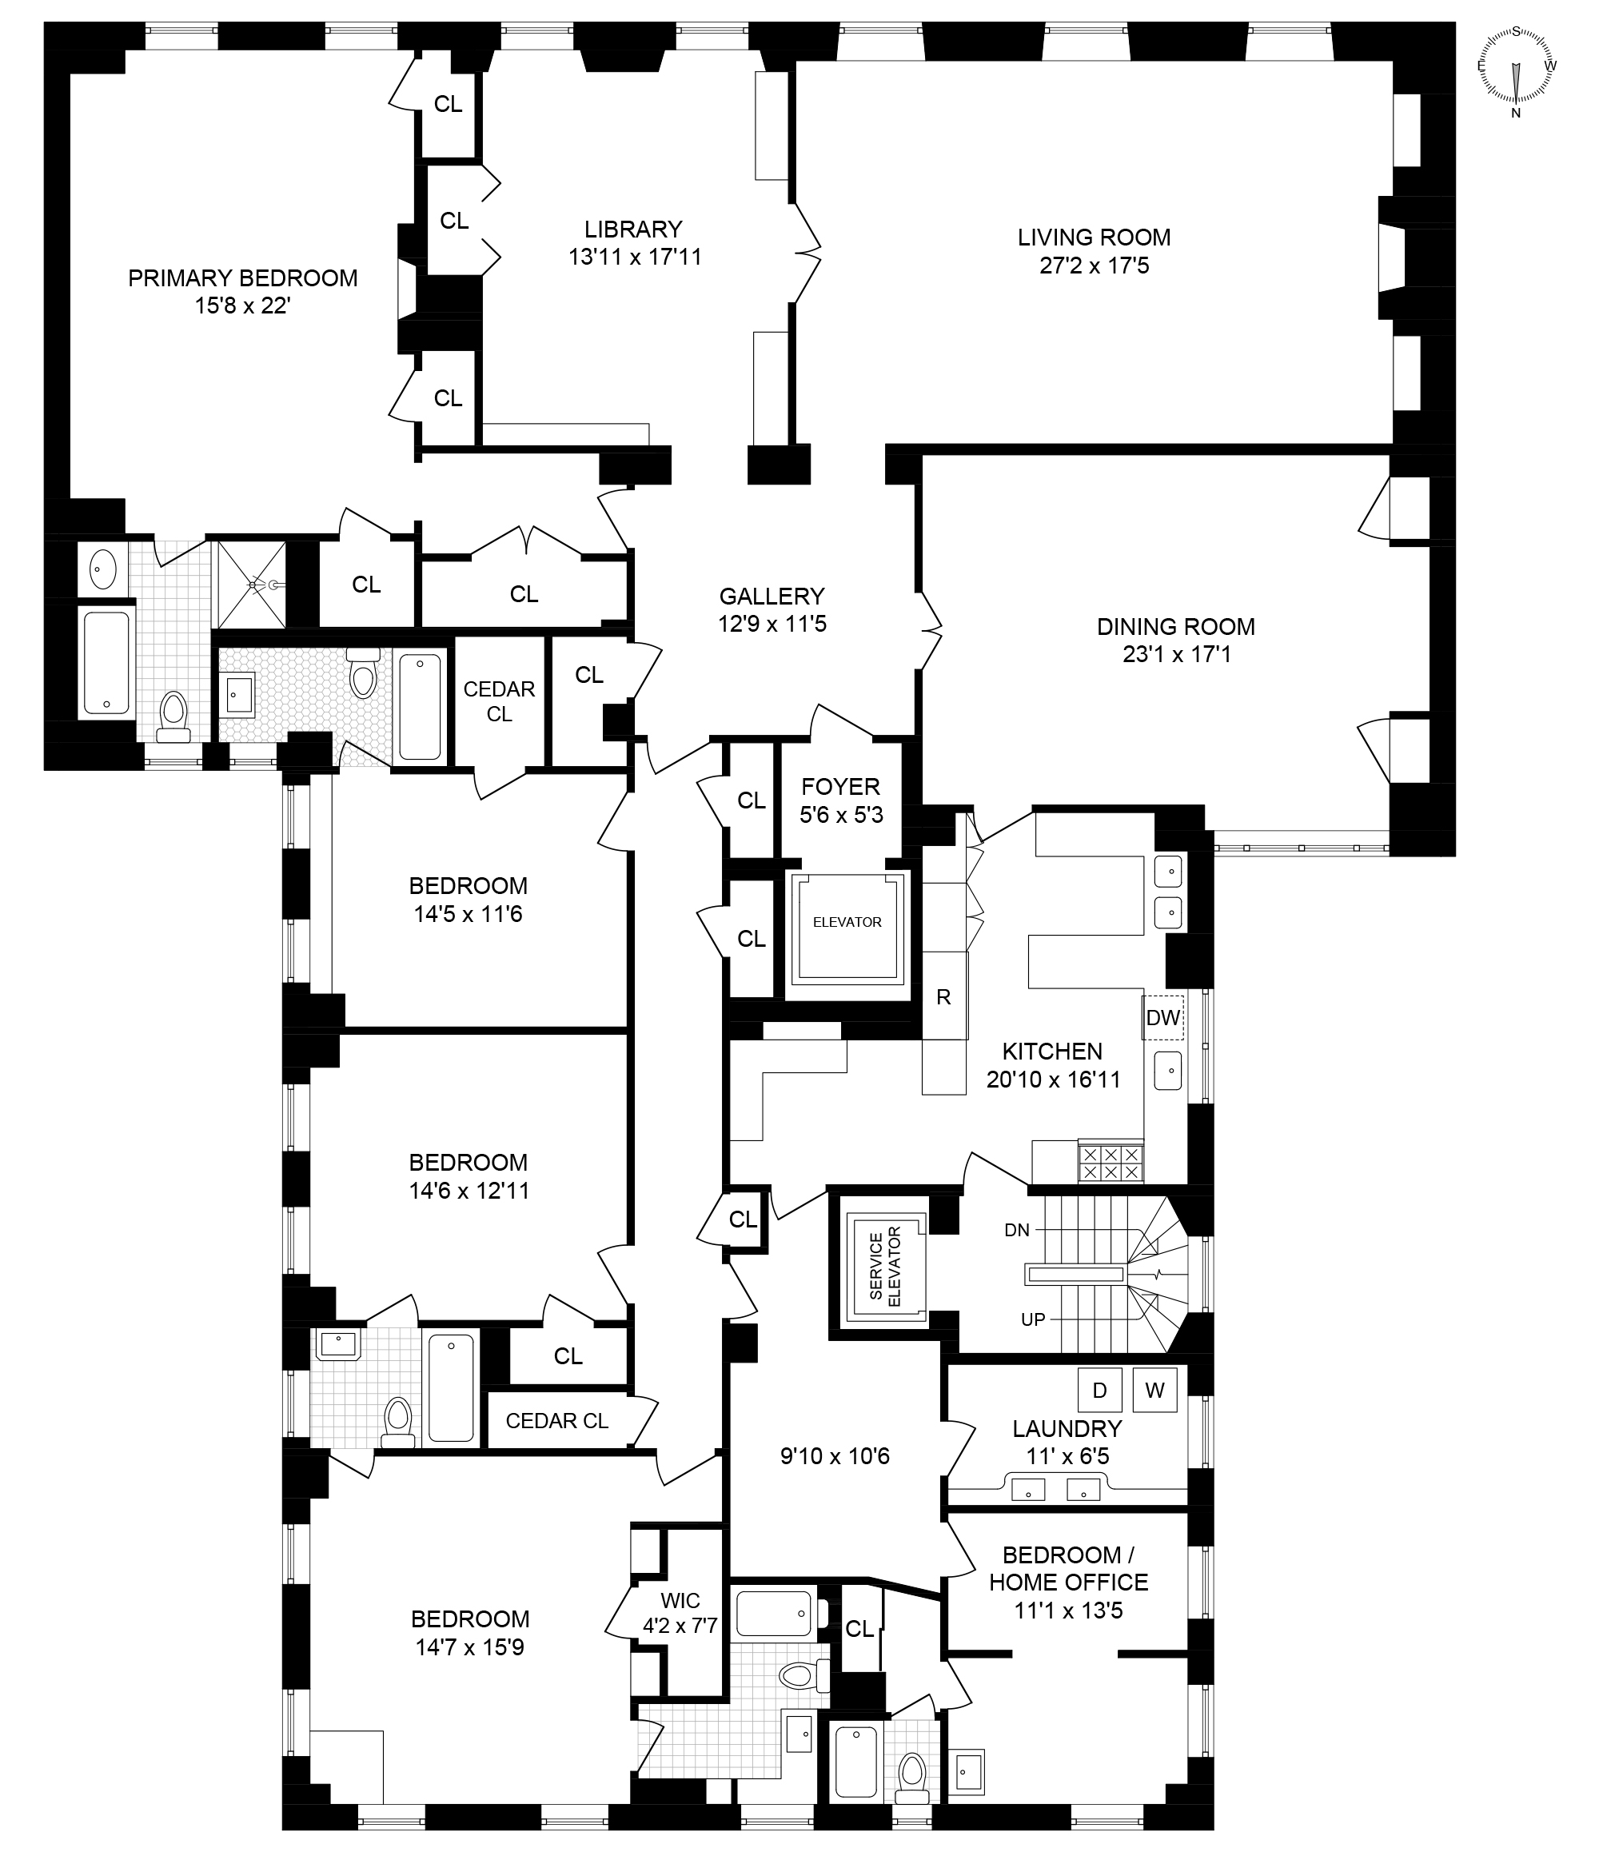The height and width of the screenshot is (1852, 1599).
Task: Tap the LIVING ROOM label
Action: point(1093,237)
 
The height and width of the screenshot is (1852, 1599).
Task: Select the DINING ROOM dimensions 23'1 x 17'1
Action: point(1176,654)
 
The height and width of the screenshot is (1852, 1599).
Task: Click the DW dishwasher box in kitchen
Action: point(1162,1017)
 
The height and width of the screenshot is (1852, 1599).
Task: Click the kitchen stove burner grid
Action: point(1111,1162)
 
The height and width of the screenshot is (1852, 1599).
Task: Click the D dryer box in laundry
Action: point(1099,1390)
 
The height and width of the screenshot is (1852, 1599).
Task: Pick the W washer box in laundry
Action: point(1154,1390)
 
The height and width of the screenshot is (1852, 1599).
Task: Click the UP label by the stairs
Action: point(1032,1320)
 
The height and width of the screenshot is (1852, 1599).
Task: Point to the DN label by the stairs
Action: point(1016,1230)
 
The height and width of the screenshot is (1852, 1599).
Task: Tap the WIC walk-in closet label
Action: point(681,1600)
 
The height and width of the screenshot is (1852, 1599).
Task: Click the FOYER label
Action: point(840,787)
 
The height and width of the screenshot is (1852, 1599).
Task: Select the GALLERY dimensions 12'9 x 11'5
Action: point(772,624)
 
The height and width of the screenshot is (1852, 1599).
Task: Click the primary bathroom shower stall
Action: point(251,585)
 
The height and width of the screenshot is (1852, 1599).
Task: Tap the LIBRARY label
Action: point(633,229)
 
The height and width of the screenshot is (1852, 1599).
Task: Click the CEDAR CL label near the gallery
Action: point(499,700)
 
